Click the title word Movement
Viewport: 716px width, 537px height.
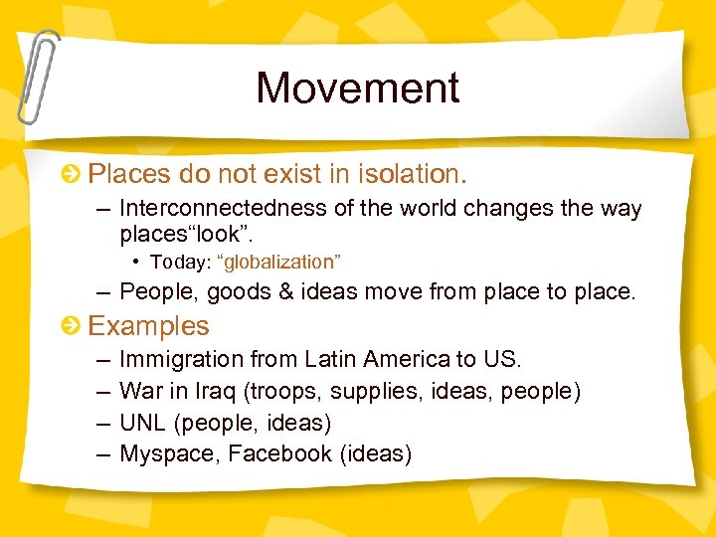tap(358, 88)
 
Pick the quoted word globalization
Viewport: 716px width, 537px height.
tap(280, 263)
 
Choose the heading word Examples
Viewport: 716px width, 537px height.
tap(149, 326)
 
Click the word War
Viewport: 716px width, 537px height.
tap(138, 391)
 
